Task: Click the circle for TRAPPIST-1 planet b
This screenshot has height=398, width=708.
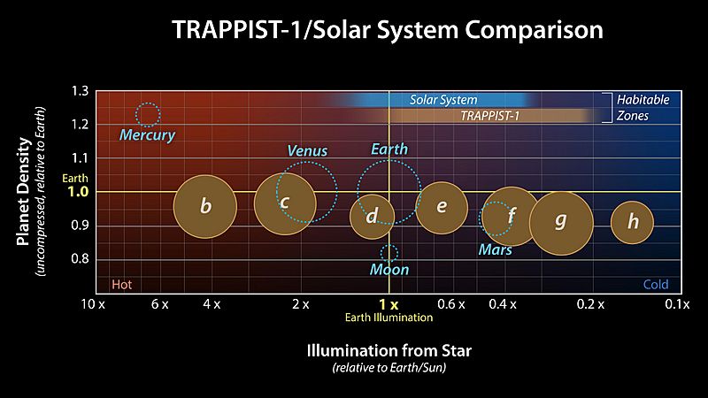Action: pos(204,207)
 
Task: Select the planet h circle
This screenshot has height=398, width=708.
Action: pos(632,221)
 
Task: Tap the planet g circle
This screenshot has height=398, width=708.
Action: pos(560,221)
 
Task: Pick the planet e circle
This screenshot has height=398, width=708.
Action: pos(442,208)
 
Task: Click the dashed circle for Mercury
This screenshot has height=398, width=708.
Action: pos(148,114)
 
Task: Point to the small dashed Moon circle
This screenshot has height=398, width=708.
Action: pos(389,253)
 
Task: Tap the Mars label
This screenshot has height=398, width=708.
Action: pos(496,250)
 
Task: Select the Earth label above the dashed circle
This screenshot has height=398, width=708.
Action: pos(389,149)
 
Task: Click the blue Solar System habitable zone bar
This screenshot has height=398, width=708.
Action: pos(442,100)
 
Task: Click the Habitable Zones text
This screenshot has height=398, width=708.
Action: pos(643,107)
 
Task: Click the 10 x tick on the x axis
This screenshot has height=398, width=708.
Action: pos(93,304)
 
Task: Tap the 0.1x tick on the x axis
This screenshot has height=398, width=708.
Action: pos(677,304)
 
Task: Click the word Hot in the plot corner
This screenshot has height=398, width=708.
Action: pos(121,285)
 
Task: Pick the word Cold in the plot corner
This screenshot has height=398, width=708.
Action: pos(656,285)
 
